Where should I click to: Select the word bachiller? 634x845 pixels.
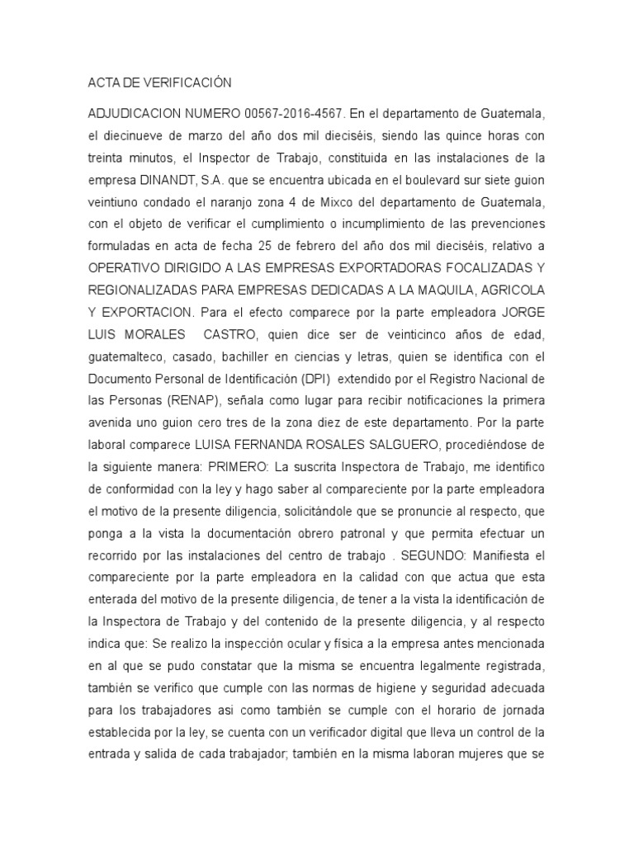[239, 359]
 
